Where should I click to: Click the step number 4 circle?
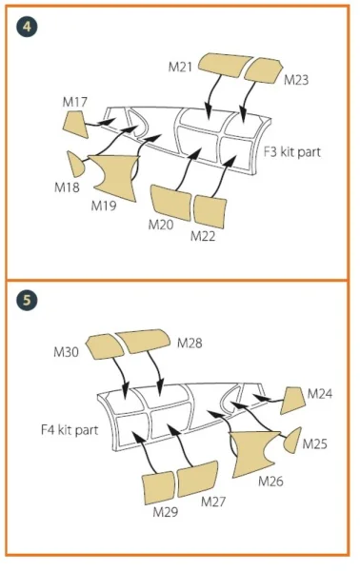(x=27, y=27)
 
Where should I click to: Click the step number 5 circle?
(x=27, y=301)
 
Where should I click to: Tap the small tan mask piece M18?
(x=75, y=164)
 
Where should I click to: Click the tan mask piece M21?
(x=225, y=65)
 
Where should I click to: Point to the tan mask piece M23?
(x=263, y=70)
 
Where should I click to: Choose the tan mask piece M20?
(x=170, y=203)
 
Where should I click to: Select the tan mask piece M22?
(x=210, y=212)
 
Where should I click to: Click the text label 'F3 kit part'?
(x=292, y=152)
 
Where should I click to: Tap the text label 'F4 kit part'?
(x=70, y=430)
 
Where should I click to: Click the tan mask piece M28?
(x=143, y=341)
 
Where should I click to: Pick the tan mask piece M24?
(x=293, y=401)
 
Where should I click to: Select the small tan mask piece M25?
(x=293, y=441)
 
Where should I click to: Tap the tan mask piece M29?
(x=158, y=488)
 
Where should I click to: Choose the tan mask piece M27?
(x=197, y=479)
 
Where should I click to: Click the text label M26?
(x=270, y=482)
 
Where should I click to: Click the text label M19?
(x=104, y=206)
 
